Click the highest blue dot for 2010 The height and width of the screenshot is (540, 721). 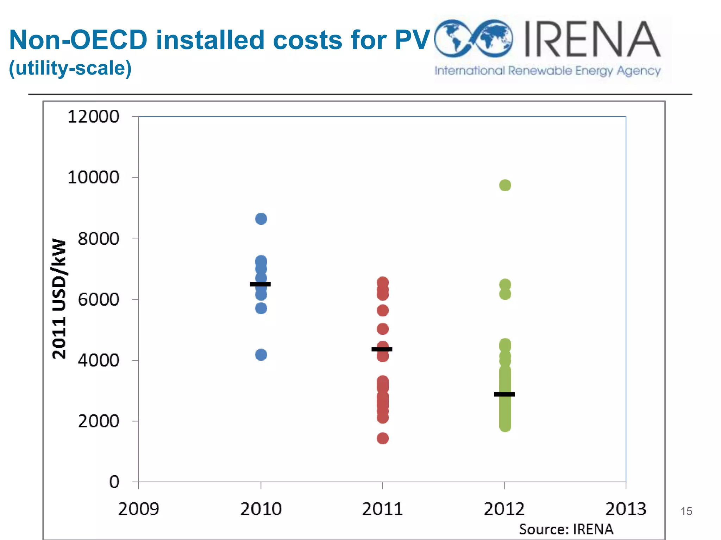pos(261,219)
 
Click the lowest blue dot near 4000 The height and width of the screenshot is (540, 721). pos(261,355)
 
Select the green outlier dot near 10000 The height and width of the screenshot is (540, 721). pos(505,185)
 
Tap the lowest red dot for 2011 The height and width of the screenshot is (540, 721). pos(383,438)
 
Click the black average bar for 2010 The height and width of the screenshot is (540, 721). pos(260,284)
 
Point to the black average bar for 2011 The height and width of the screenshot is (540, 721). pos(382,349)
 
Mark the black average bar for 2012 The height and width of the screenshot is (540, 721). pos(504,394)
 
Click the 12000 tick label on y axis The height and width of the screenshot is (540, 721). pos(93,117)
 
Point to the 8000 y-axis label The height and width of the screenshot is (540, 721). pos(98,239)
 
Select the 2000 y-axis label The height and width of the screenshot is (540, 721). pos(98,421)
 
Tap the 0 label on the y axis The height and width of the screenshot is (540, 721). pos(114,482)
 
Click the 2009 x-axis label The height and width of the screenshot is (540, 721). pos(138,509)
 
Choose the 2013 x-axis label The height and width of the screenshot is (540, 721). pos(626,509)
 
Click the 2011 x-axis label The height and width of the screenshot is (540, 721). pos(382,509)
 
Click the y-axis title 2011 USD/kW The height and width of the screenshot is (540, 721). pos(59,299)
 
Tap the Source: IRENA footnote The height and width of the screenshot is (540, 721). pos(566,529)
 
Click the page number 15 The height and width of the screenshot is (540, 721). pos(686,511)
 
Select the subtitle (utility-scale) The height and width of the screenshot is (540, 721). pos(70,68)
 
